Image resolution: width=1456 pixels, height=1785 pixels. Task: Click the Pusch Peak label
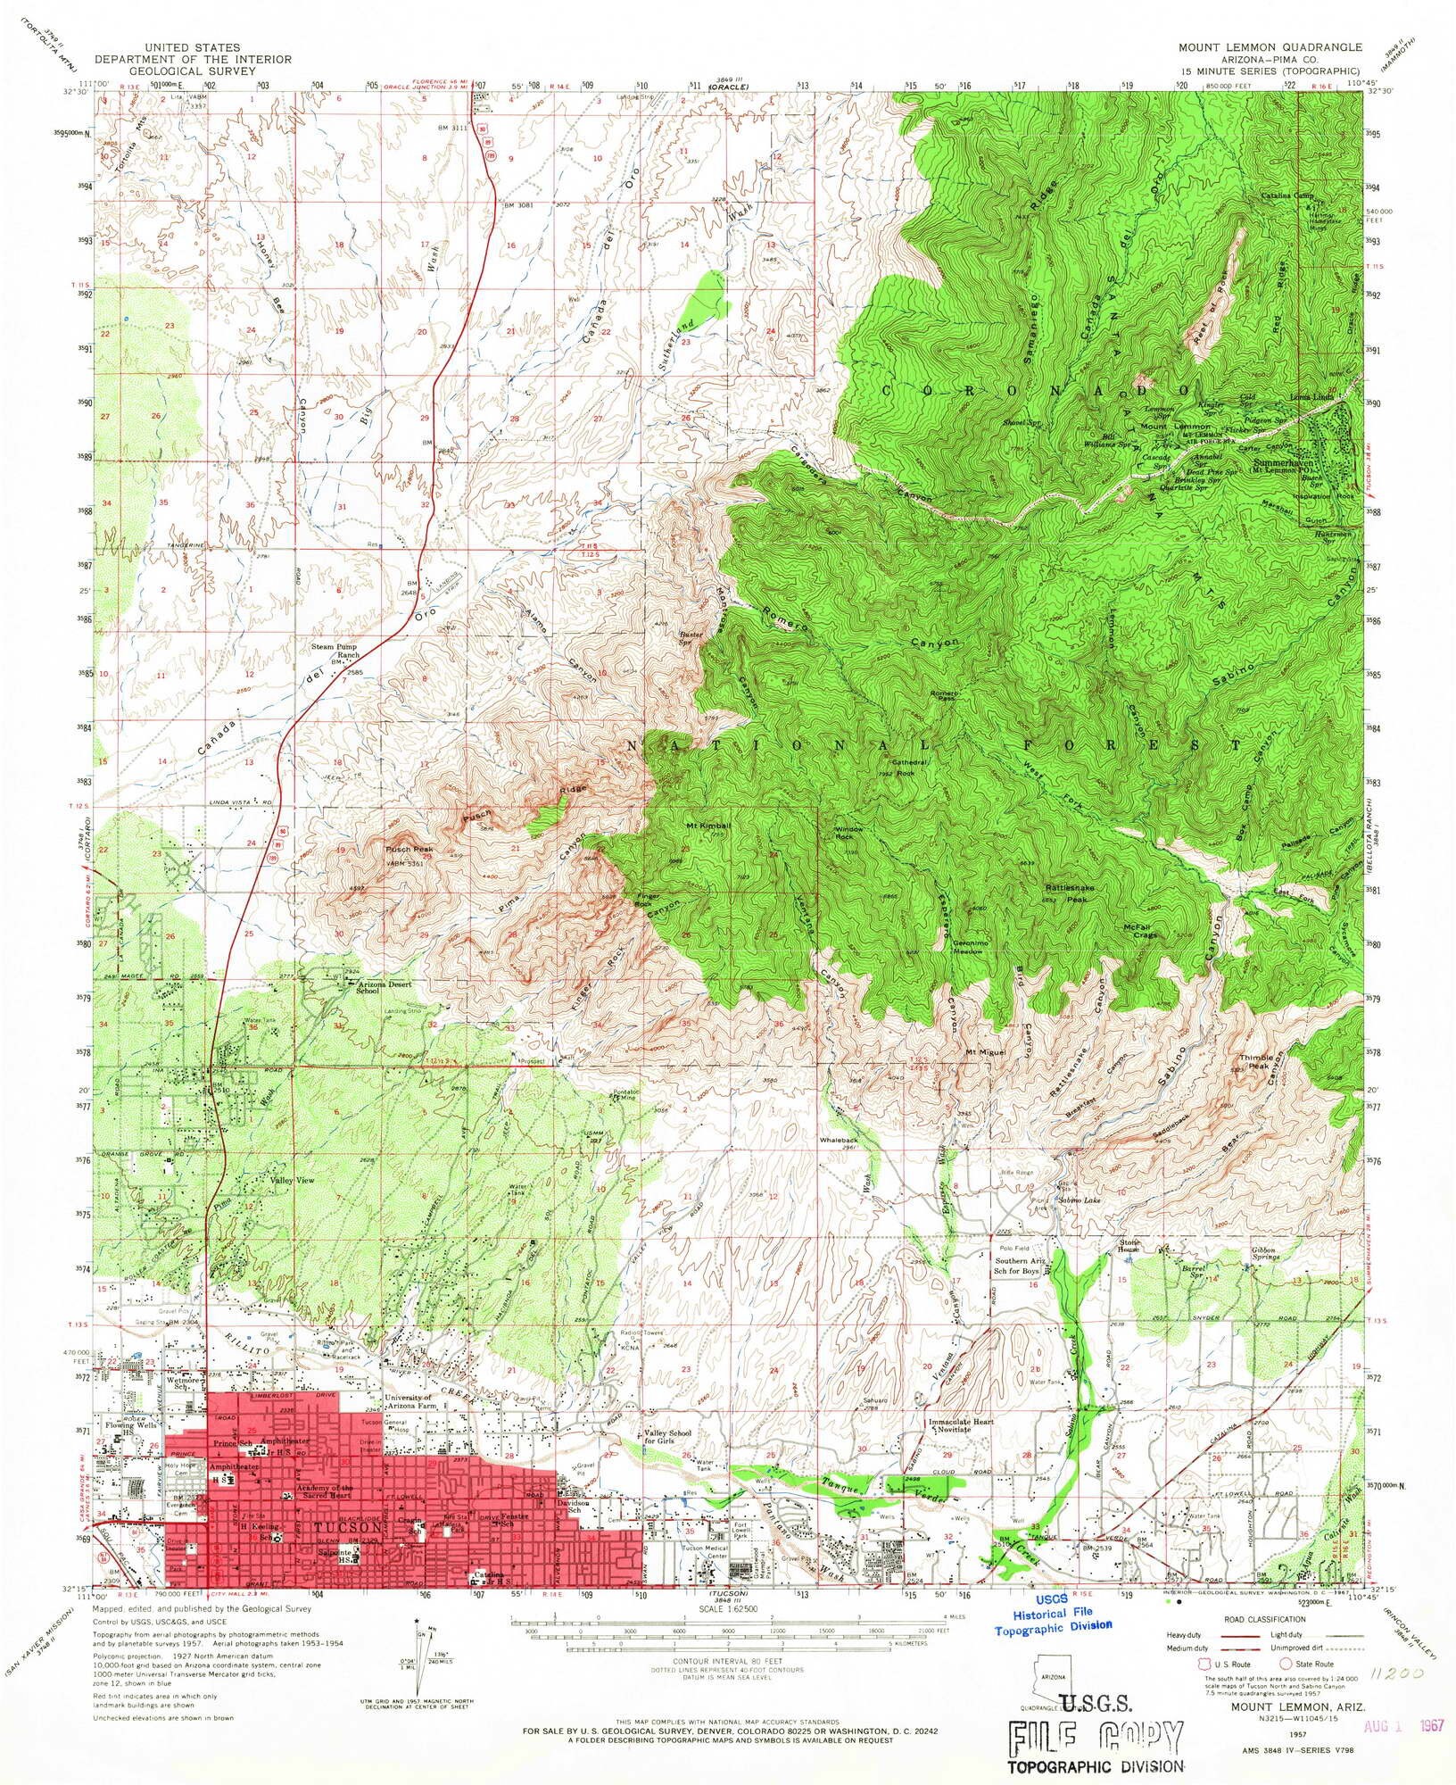[408, 850]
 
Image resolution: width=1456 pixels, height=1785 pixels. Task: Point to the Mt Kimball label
[709, 826]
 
